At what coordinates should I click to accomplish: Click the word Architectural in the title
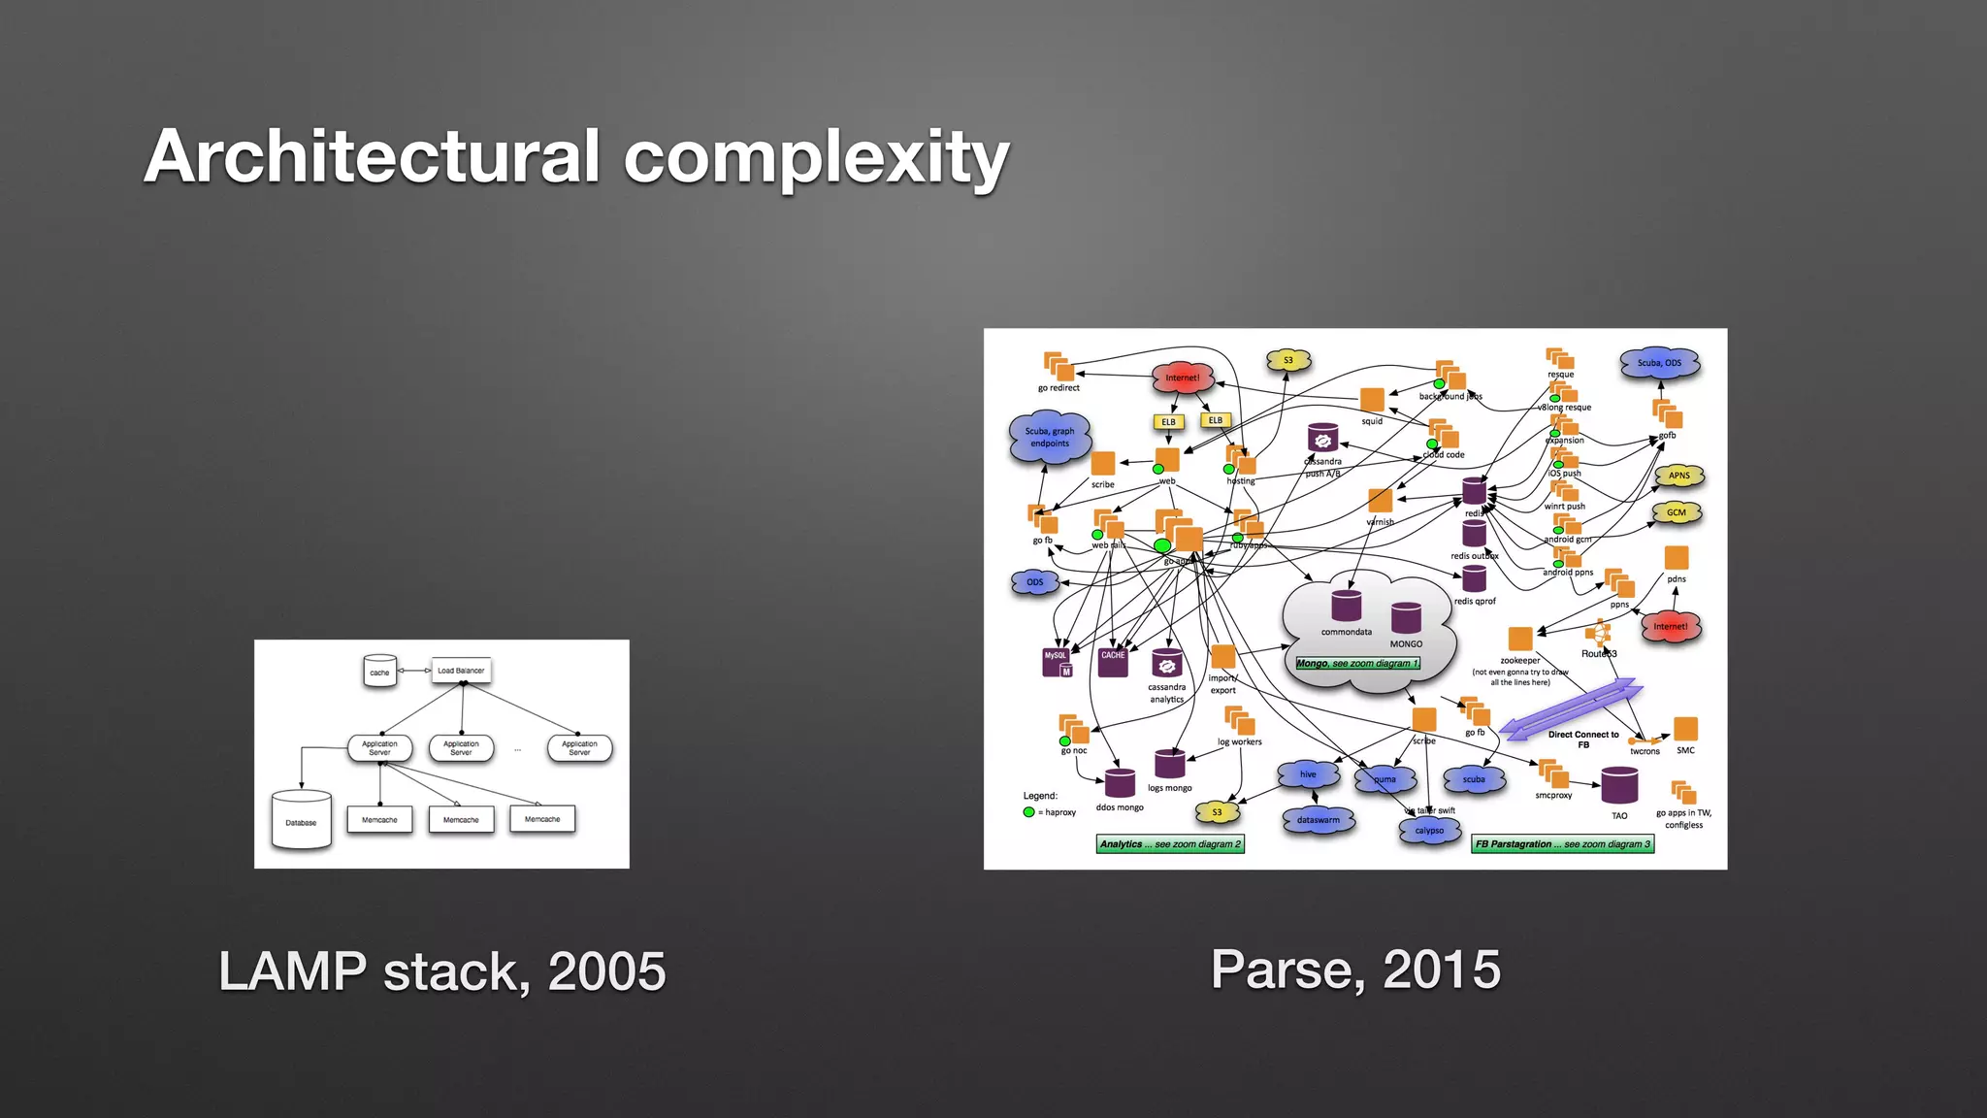(x=373, y=156)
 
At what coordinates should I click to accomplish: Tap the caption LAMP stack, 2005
(x=442, y=971)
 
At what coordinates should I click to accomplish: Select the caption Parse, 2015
(x=1355, y=970)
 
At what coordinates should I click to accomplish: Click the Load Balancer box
(x=461, y=671)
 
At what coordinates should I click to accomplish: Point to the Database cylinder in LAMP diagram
(x=301, y=821)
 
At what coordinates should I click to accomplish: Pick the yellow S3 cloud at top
(x=1288, y=360)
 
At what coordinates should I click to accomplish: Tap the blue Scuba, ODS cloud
(x=1659, y=363)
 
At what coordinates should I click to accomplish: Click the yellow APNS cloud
(x=1679, y=476)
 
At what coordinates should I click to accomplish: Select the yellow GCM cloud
(x=1677, y=512)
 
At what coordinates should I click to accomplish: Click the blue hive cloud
(x=1308, y=774)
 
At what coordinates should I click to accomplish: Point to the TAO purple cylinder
(x=1619, y=786)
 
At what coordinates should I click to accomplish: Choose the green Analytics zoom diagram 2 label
(x=1170, y=844)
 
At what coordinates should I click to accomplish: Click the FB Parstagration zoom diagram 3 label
(x=1562, y=844)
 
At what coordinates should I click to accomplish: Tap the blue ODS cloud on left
(x=1035, y=582)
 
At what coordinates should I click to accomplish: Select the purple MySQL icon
(x=1056, y=661)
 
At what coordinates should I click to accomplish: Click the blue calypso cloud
(x=1429, y=831)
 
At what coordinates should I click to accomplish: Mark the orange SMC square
(x=1686, y=729)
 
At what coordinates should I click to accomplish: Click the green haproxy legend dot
(x=1028, y=812)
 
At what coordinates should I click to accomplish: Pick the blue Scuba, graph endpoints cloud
(x=1049, y=438)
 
